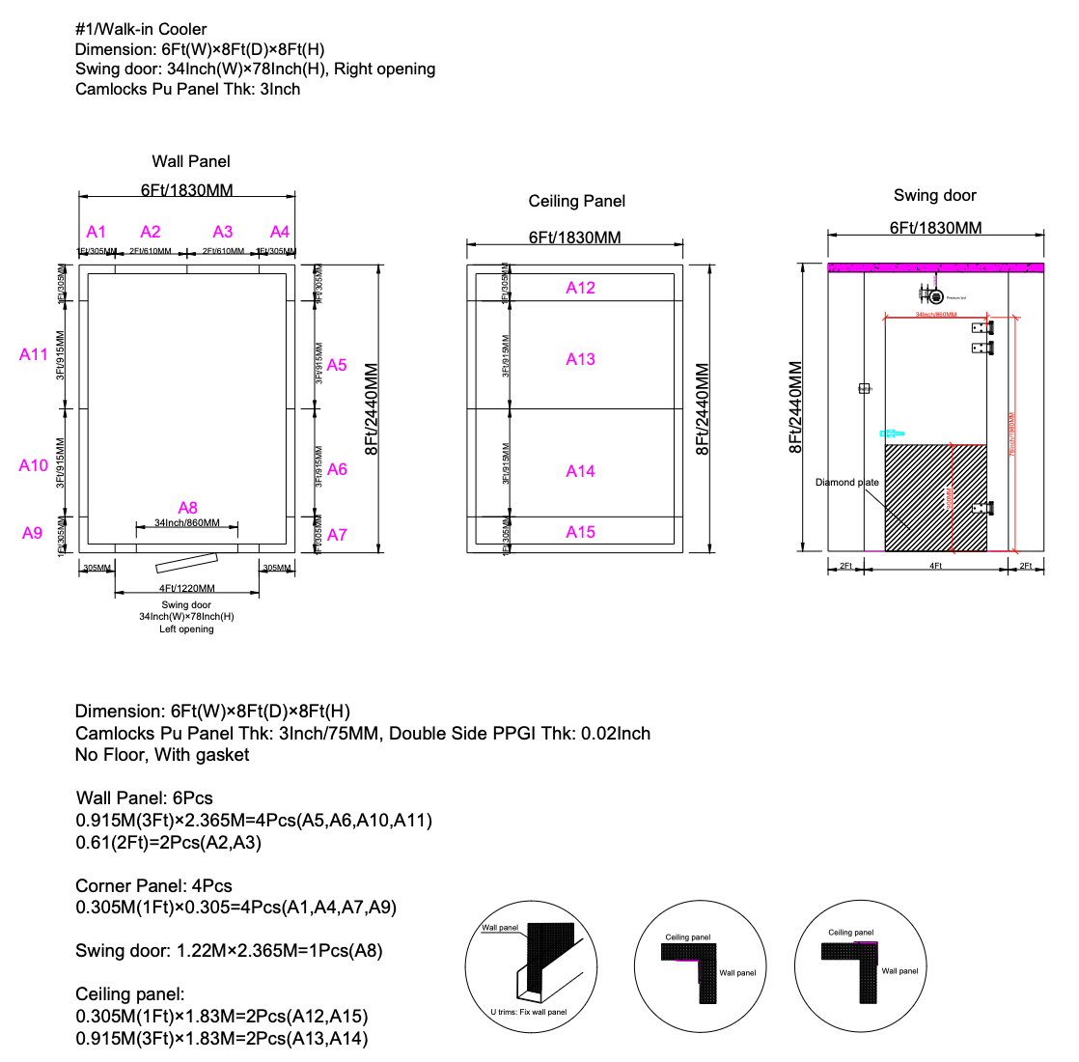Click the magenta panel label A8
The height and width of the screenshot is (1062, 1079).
pyautogui.click(x=187, y=508)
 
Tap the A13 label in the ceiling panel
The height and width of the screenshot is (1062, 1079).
pyautogui.click(x=581, y=359)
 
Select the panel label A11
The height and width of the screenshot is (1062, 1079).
pyautogui.click(x=34, y=354)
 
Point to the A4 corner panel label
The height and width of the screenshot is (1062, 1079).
pyautogui.click(x=280, y=232)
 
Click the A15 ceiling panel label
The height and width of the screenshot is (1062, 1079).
pyautogui.click(x=581, y=532)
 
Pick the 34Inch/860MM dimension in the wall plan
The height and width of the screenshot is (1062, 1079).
pyautogui.click(x=187, y=523)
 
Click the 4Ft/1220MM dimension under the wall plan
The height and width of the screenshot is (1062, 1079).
pyautogui.click(x=187, y=588)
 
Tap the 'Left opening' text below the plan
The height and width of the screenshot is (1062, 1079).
pyautogui.click(x=187, y=629)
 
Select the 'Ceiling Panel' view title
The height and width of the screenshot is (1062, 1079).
pyautogui.click(x=577, y=201)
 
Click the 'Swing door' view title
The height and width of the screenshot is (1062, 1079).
pyautogui.click(x=935, y=195)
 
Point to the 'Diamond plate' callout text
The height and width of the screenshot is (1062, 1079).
pyautogui.click(x=847, y=482)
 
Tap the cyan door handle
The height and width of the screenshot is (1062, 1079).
pyautogui.click(x=890, y=433)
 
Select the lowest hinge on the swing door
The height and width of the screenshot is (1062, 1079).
pyautogui.click(x=982, y=508)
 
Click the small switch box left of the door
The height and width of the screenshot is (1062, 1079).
pyautogui.click(x=865, y=389)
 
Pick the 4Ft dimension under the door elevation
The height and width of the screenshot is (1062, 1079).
pyautogui.click(x=935, y=566)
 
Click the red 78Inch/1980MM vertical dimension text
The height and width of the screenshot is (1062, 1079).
pyautogui.click(x=1012, y=434)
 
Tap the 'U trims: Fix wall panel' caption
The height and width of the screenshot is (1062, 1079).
pyautogui.click(x=528, y=1012)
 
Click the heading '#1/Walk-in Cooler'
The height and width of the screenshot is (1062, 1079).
pyautogui.click(x=141, y=29)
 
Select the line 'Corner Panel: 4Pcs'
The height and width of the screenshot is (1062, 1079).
pyautogui.click(x=154, y=885)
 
